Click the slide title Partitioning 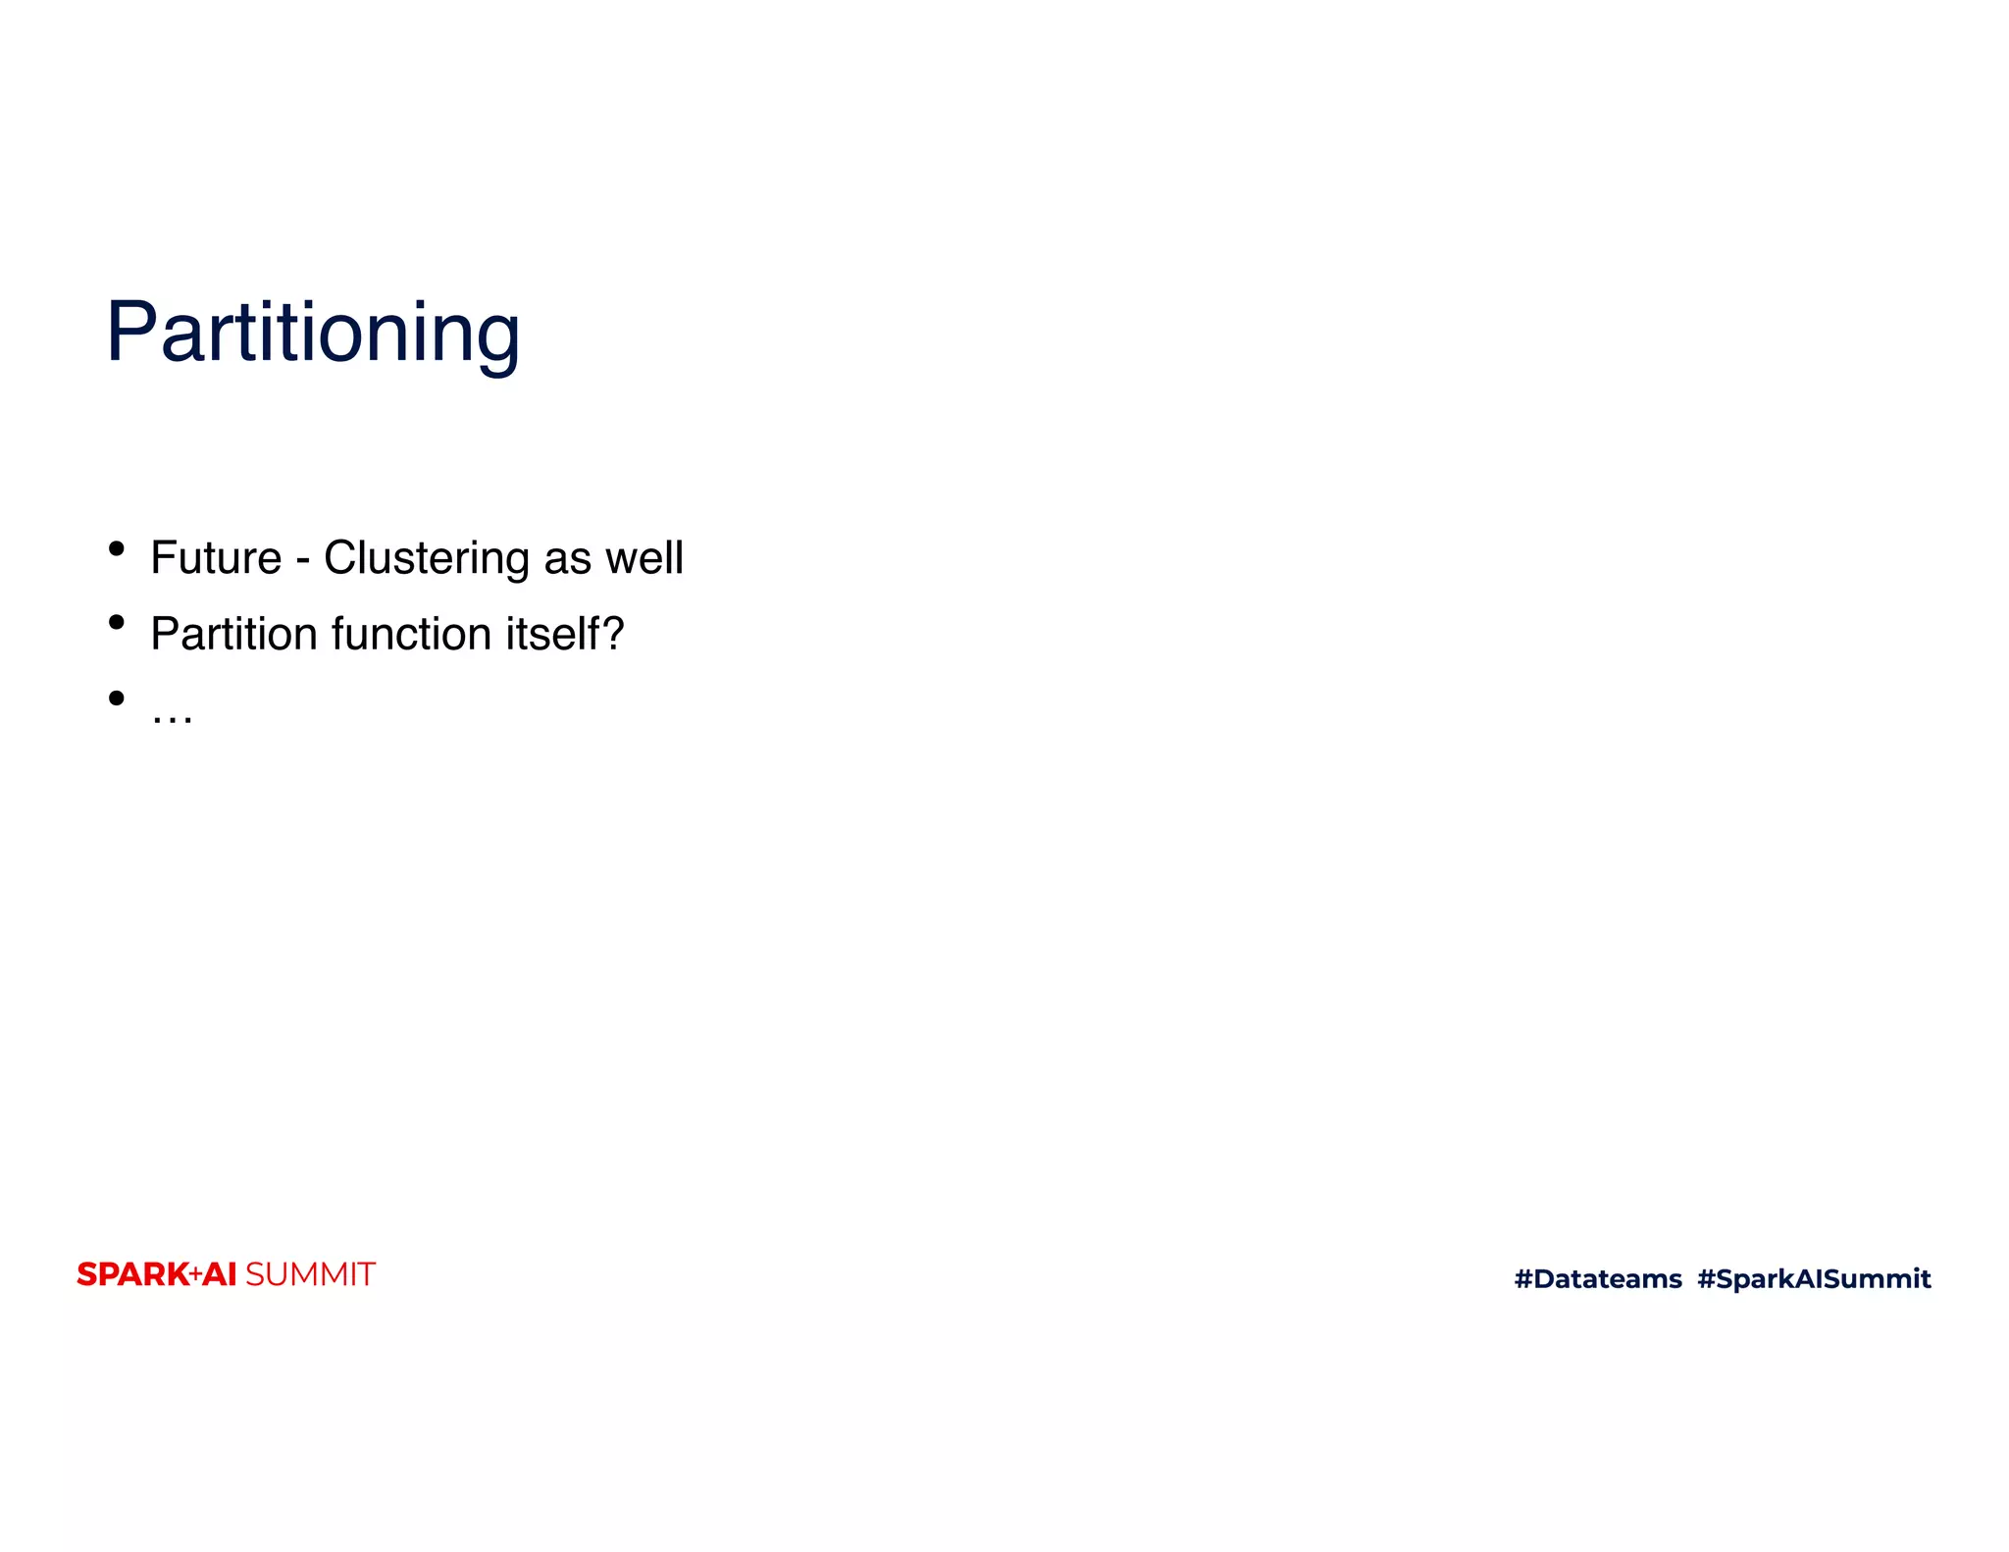[x=313, y=334]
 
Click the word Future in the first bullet [x=216, y=558]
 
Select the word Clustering [x=427, y=559]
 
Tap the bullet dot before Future [x=117, y=547]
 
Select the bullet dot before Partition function [x=117, y=622]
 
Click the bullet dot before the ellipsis [x=117, y=698]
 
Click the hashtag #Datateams [x=1598, y=1278]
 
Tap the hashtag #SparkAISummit [x=1814, y=1278]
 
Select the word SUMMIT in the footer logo [x=310, y=1274]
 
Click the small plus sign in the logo [x=195, y=1274]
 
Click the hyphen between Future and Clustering [x=303, y=561]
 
